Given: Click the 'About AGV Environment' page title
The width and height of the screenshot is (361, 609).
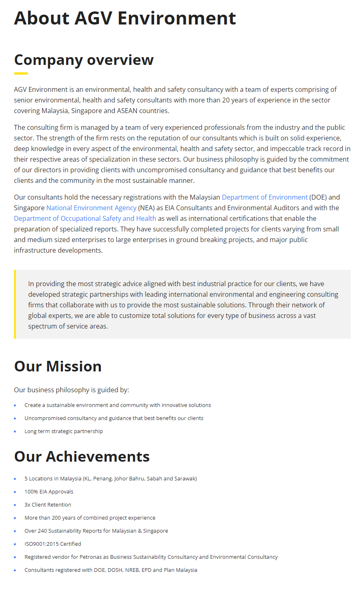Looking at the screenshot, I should [x=125, y=18].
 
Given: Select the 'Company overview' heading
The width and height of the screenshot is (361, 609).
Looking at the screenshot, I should [x=84, y=60].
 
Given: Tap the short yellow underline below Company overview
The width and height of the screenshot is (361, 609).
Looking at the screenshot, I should [x=21, y=73].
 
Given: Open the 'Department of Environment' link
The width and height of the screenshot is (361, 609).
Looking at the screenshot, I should [x=264, y=197].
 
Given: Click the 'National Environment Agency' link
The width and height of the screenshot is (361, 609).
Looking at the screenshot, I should [x=91, y=208].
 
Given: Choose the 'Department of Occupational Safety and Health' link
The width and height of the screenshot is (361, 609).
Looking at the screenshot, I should [x=85, y=218].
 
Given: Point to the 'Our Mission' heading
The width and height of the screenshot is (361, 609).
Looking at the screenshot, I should [x=58, y=367].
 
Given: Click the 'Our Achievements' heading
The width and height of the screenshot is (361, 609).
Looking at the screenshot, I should [x=82, y=457].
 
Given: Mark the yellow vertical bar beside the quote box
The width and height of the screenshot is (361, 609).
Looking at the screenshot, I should [x=15, y=304].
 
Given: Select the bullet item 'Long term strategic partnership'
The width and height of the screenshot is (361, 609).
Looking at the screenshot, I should [x=63, y=431].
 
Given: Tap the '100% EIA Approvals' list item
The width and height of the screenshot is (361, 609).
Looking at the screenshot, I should [x=49, y=492].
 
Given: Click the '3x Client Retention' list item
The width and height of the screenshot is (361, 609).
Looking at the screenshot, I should [x=47, y=505].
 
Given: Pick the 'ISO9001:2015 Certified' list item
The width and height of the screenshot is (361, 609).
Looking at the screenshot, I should [x=53, y=544].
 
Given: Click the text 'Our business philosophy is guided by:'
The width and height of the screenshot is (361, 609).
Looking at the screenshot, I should [x=71, y=390].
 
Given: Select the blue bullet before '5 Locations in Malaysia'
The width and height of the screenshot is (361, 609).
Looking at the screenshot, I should [x=15, y=479].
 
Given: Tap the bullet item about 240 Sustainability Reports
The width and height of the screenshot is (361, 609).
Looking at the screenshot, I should [x=96, y=531].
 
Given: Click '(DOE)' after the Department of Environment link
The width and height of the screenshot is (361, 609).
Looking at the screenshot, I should [x=318, y=197].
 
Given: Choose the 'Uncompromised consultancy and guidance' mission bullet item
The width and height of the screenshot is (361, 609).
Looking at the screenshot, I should [x=114, y=418].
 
